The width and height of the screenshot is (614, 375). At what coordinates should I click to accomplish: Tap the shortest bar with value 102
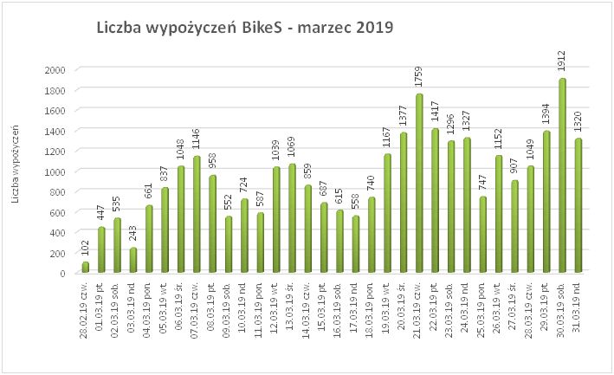point(86,267)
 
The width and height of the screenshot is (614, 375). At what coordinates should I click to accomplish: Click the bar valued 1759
point(419,184)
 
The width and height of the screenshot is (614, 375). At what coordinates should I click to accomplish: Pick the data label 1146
point(198,141)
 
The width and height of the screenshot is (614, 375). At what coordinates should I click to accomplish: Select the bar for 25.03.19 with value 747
point(482,235)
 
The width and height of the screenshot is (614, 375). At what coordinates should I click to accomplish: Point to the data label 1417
point(436,114)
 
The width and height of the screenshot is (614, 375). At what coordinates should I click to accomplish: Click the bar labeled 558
point(356,244)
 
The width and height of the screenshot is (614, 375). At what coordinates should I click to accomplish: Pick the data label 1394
point(546,117)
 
